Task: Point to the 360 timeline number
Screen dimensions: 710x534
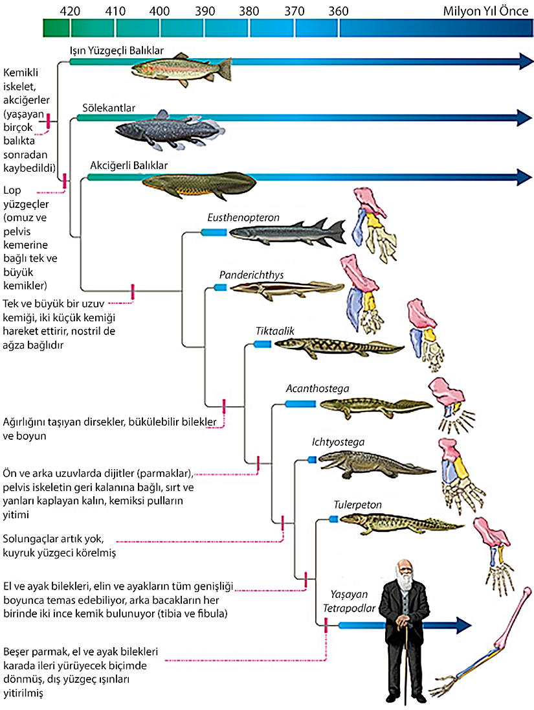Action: (x=338, y=11)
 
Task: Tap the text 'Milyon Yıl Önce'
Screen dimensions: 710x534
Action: (x=485, y=11)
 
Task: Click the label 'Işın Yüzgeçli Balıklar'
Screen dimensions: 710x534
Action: (x=117, y=50)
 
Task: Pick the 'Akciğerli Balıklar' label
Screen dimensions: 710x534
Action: (x=129, y=165)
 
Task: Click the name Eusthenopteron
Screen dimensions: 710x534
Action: (x=243, y=218)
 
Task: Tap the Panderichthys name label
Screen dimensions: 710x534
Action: (x=251, y=275)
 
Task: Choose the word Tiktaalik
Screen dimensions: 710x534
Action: (x=275, y=331)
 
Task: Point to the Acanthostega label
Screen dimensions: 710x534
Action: (x=317, y=389)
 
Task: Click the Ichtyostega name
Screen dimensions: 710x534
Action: (x=338, y=442)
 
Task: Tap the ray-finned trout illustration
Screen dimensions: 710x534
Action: (x=181, y=67)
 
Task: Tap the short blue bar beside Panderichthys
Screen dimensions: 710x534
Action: (x=221, y=287)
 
